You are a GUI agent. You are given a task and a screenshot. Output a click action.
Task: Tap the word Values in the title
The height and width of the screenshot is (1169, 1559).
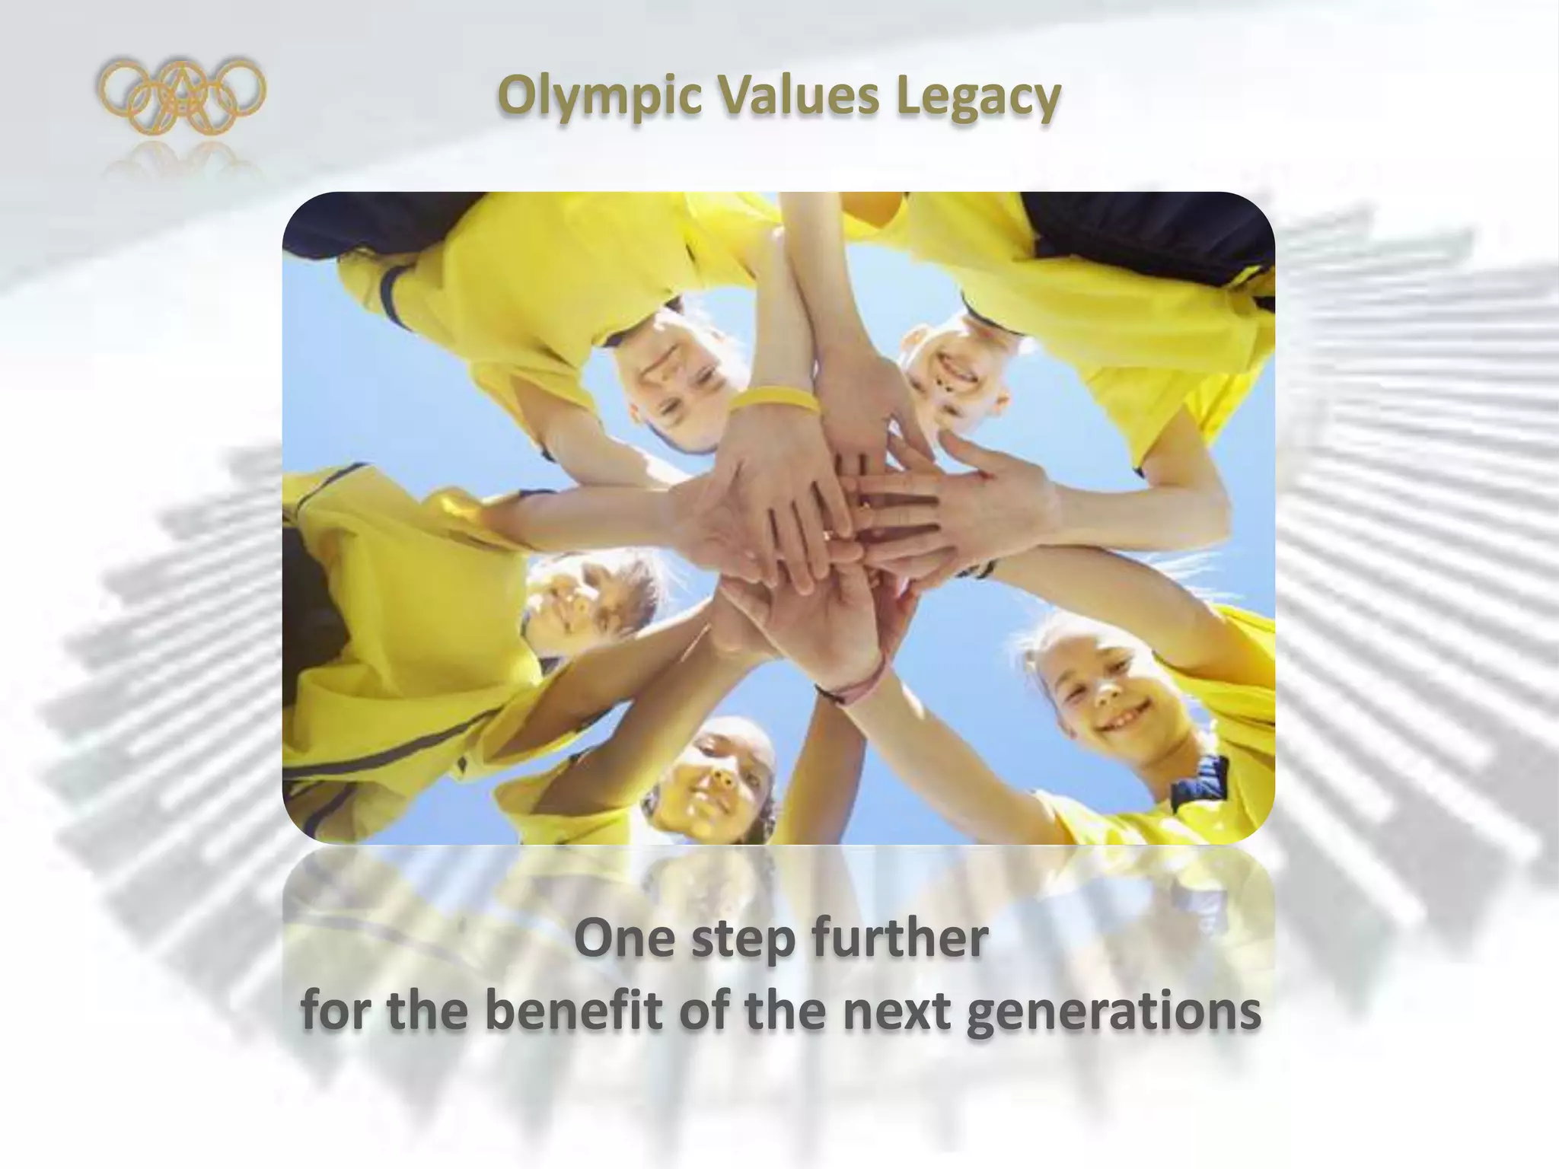(x=798, y=97)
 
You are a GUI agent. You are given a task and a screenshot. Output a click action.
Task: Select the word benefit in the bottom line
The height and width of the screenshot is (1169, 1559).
(x=572, y=1011)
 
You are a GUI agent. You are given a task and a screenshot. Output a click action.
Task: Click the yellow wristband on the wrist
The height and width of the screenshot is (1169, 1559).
(x=775, y=398)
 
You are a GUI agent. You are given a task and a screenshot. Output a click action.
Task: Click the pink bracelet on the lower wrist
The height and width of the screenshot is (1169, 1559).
(x=860, y=685)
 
